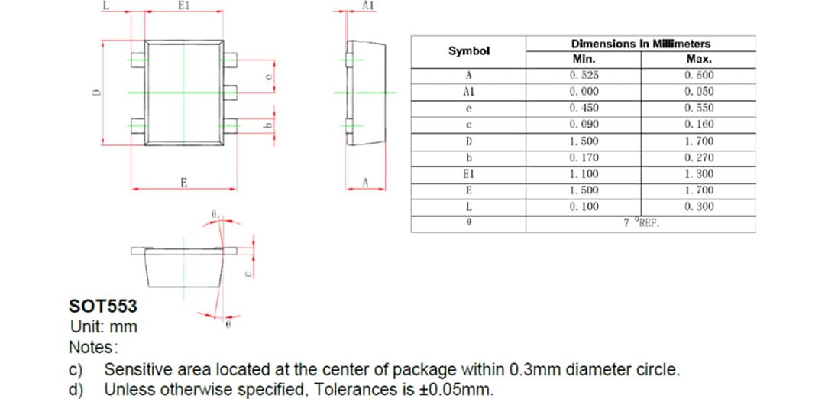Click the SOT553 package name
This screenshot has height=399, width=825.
(103, 307)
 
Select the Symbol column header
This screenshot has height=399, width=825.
(468, 51)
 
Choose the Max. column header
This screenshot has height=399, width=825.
(699, 60)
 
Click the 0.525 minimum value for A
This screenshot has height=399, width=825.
(584, 76)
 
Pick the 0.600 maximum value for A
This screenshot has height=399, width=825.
(699, 76)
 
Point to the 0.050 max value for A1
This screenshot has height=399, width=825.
(699, 92)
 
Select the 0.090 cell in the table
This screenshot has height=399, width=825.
(584, 125)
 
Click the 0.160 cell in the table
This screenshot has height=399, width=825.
(699, 125)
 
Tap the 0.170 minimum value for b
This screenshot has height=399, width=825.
(584, 157)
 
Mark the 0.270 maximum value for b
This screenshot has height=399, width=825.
(699, 157)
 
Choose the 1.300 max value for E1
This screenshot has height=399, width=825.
(699, 174)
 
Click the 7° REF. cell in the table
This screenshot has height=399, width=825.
(641, 223)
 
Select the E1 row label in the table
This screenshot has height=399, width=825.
(468, 174)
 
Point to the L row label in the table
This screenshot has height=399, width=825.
(468, 206)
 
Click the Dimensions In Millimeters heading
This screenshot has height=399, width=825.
(640, 44)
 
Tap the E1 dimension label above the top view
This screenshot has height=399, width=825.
(183, 5)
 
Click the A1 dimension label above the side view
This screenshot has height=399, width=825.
(367, 5)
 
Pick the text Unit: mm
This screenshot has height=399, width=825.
(103, 327)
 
